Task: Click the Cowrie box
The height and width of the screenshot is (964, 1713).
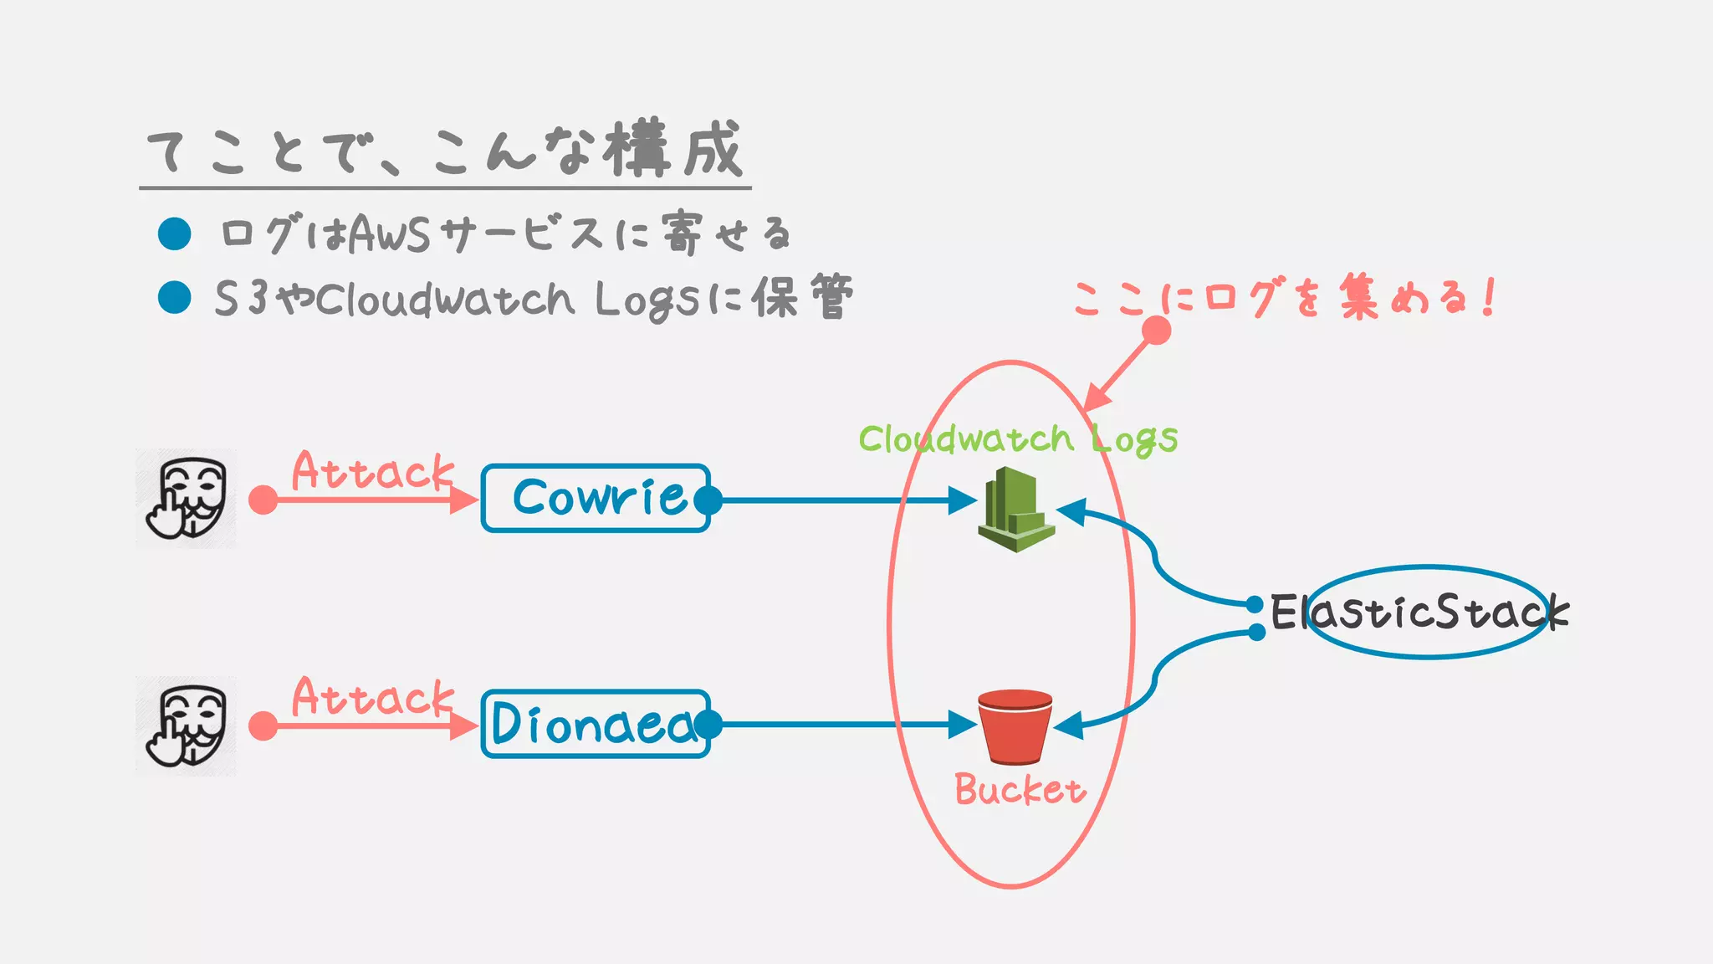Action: pyautogui.click(x=596, y=498)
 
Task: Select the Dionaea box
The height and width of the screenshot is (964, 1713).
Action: pyautogui.click(x=596, y=724)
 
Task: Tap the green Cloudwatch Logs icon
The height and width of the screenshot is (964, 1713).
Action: pyautogui.click(x=1015, y=510)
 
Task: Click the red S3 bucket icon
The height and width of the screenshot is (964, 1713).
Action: pyautogui.click(x=1015, y=726)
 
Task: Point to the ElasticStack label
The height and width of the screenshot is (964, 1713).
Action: pyautogui.click(x=1419, y=613)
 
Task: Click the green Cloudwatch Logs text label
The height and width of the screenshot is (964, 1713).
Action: pyautogui.click(x=1017, y=439)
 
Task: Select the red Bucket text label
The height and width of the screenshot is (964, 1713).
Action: pyautogui.click(x=1020, y=790)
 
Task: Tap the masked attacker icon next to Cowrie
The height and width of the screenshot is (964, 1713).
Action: pyautogui.click(x=187, y=499)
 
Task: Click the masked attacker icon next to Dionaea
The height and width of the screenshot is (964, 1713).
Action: pyautogui.click(x=187, y=726)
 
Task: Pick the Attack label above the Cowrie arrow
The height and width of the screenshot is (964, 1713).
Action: pyautogui.click(x=372, y=471)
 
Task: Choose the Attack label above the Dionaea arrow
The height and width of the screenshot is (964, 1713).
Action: pyautogui.click(x=372, y=697)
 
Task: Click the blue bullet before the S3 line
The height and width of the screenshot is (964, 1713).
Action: pyautogui.click(x=175, y=297)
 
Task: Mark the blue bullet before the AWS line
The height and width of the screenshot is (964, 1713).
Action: pyautogui.click(x=175, y=233)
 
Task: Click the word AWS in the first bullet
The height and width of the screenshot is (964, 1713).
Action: pyautogui.click(x=389, y=234)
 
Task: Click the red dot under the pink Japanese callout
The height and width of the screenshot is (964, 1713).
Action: pyautogui.click(x=1156, y=331)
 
